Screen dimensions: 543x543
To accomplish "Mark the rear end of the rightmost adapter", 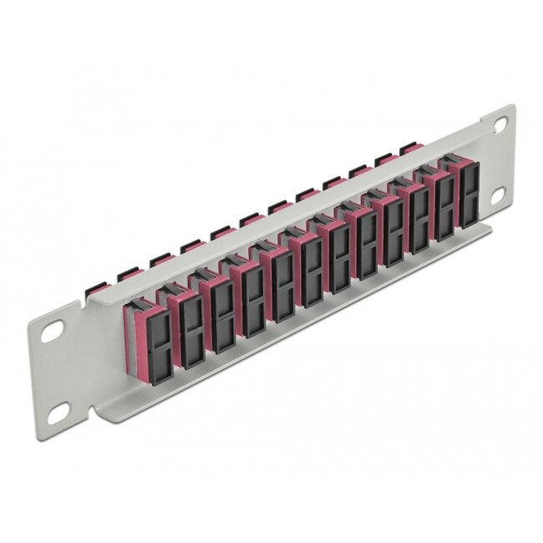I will click(408, 149).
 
